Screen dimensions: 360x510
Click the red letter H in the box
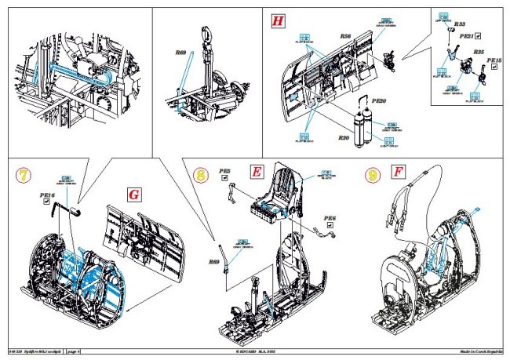[276, 21]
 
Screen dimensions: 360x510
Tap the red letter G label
[135, 193]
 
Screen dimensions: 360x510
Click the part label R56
[345, 36]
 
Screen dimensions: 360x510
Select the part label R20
[343, 137]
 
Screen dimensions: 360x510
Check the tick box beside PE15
[494, 68]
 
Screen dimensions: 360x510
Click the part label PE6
[329, 218]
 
